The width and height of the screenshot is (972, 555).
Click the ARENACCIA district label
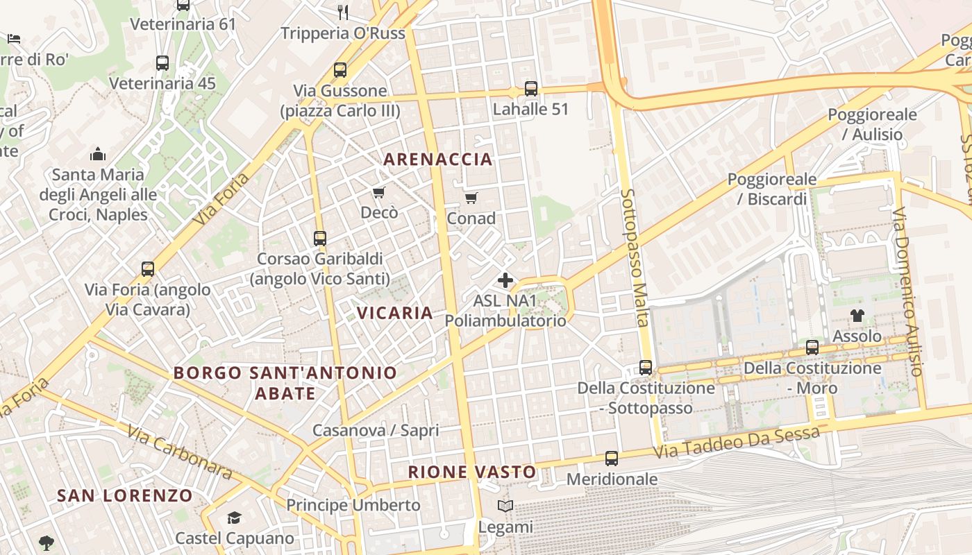[438, 160]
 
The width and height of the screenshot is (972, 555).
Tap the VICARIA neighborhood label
[395, 313]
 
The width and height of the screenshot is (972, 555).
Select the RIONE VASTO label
[472, 472]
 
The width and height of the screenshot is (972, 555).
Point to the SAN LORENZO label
[125, 495]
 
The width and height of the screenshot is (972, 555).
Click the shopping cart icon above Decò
[378, 192]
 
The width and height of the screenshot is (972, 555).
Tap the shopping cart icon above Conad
[471, 198]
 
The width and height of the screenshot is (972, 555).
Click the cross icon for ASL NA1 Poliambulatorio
[505, 280]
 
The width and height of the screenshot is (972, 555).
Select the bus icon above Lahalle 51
[531, 89]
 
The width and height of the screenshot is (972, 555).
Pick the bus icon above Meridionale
[612, 459]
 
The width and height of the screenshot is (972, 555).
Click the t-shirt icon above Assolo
[857, 316]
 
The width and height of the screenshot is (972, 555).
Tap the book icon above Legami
[505, 506]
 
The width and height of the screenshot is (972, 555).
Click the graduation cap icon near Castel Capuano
[235, 518]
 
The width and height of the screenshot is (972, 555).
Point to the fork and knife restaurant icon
[342, 11]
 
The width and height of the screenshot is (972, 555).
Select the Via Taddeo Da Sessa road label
[737, 442]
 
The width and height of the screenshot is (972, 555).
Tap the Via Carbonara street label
[179, 451]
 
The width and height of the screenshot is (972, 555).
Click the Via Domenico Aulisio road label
[909, 291]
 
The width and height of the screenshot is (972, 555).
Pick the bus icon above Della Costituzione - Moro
[812, 348]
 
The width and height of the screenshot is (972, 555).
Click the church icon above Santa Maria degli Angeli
[98, 153]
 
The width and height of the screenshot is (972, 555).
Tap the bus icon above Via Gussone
[340, 70]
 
